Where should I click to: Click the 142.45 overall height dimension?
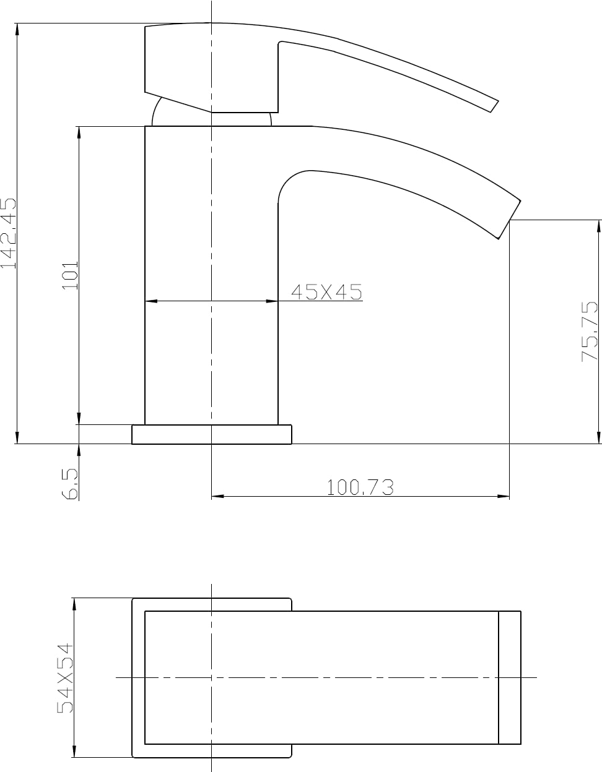tap(8, 233)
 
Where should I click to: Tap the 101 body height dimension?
tap(70, 275)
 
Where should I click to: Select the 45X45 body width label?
tap(326, 292)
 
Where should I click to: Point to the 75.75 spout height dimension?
tap(589, 331)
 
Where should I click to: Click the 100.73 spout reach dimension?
tap(360, 487)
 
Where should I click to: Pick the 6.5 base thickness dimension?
tap(70, 484)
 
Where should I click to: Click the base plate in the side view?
tap(212, 434)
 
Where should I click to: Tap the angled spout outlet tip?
tap(510, 220)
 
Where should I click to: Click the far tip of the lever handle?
tap(494, 106)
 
